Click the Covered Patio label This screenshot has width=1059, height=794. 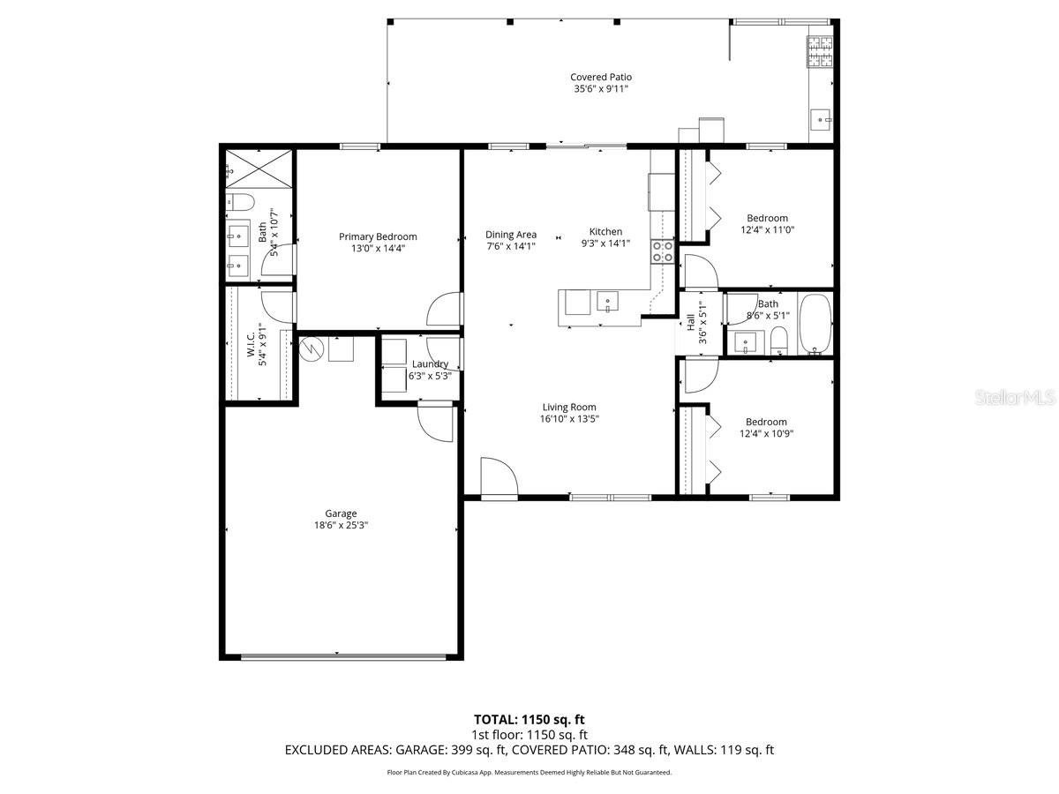(601, 77)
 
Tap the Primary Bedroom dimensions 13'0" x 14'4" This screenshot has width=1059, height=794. (378, 248)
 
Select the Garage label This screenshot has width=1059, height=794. (341, 513)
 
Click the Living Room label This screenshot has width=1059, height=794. (569, 407)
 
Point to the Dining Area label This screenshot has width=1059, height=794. (511, 235)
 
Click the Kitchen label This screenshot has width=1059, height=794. (605, 232)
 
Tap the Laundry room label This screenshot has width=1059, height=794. (430, 364)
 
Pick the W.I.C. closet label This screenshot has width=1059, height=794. (251, 345)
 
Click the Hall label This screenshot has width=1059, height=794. (690, 322)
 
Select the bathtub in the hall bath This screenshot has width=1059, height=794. (815, 324)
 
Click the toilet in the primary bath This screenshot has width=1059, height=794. (240, 202)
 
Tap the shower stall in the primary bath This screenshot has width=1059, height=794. (259, 169)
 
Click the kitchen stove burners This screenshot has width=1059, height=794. (663, 251)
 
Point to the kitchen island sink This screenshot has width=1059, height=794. (607, 302)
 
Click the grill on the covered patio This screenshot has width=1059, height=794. (820, 51)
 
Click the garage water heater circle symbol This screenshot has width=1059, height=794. (311, 348)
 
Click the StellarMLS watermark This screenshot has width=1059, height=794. (1015, 398)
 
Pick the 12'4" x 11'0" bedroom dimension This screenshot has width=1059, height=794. (768, 230)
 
